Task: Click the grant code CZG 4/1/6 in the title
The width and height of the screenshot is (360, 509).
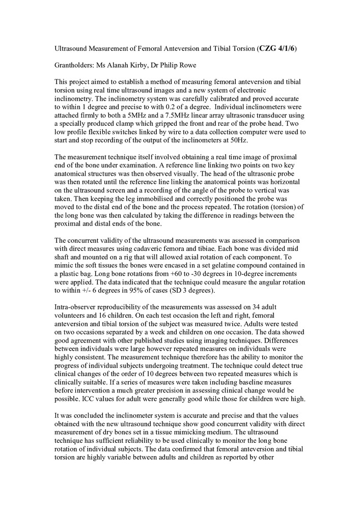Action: pos(278,48)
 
